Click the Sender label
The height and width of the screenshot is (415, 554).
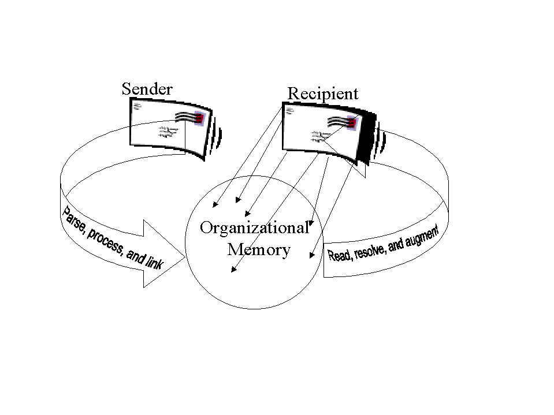147,89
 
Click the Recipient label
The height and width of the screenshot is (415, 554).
323,94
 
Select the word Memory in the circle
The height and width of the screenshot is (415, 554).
259,249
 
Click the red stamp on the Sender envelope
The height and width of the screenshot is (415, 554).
199,118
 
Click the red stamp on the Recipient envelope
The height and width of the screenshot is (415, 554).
352,122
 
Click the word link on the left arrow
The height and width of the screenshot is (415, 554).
154,261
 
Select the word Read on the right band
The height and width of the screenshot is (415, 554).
339,255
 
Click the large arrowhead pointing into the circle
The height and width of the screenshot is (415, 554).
164,254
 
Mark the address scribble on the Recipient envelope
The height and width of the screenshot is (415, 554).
321,137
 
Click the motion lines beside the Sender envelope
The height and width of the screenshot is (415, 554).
216,136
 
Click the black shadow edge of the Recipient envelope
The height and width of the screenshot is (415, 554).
366,137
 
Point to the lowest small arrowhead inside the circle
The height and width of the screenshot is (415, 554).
233,270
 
